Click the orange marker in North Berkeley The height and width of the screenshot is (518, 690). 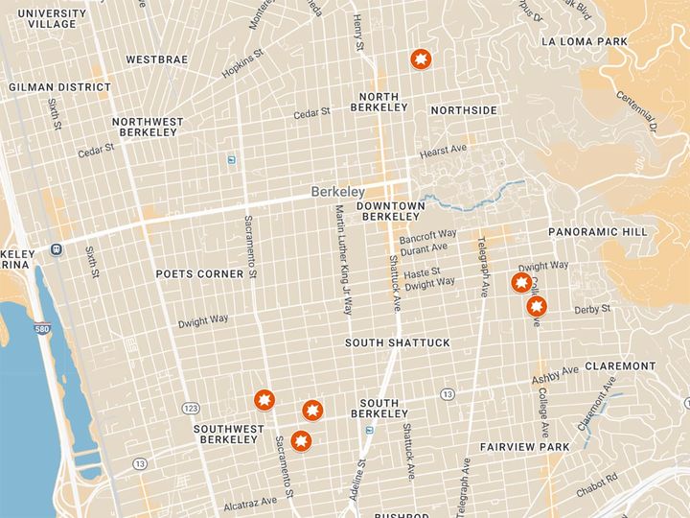point(419,60)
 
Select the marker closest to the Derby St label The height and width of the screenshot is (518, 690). point(537,307)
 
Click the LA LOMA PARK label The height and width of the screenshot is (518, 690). point(584,42)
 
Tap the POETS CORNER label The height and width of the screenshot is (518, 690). point(199,274)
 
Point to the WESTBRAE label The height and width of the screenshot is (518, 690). point(155,59)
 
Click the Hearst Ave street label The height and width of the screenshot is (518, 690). point(443,151)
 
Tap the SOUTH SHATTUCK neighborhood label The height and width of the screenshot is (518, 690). point(384,343)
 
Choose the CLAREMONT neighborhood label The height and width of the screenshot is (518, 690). point(620,366)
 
